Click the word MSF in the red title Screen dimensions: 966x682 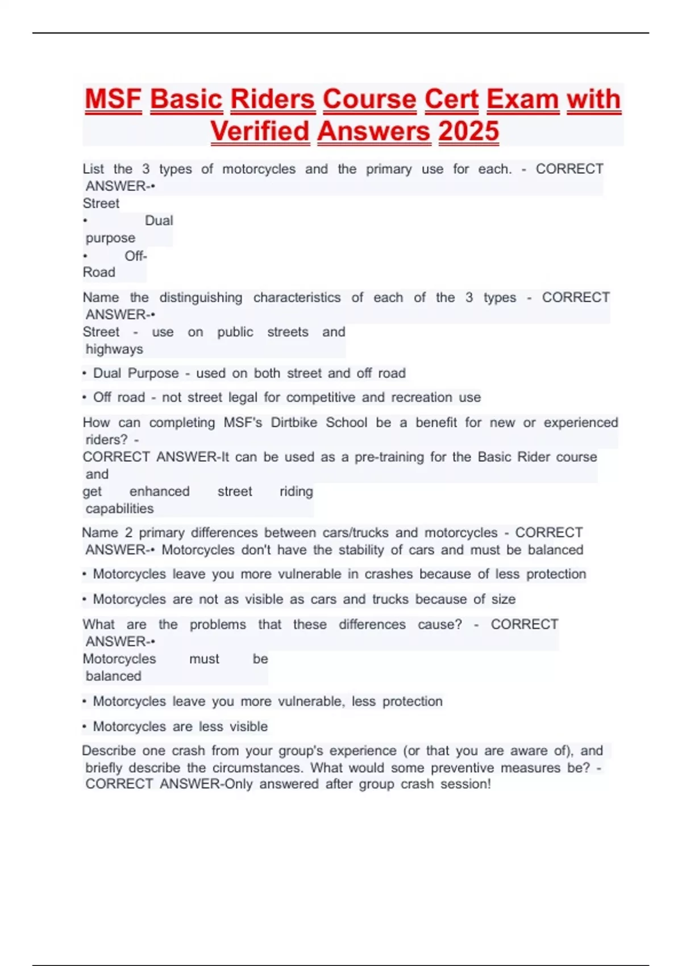pyautogui.click(x=113, y=99)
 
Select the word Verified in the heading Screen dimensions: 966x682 pyautogui.click(x=260, y=132)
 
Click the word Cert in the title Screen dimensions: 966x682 pyautogui.click(x=451, y=99)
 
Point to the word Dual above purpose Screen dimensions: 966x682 pyautogui.click(x=159, y=220)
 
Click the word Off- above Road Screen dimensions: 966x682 pyautogui.click(x=136, y=256)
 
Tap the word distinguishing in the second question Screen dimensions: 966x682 pyautogui.click(x=201, y=297)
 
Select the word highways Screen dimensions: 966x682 pyautogui.click(x=114, y=349)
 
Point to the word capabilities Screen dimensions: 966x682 pyautogui.click(x=119, y=509)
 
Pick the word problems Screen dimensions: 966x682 pyautogui.click(x=218, y=624)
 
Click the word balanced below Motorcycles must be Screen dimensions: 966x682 pyautogui.click(x=113, y=676)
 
